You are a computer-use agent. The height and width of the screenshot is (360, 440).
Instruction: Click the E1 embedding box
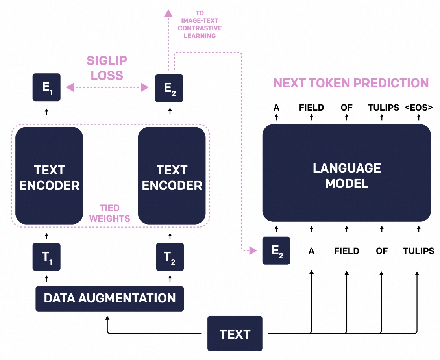pos(46,87)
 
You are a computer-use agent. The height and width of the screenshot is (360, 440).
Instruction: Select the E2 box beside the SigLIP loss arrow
pos(169,88)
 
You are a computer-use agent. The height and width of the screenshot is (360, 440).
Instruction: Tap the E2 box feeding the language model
pos(276,251)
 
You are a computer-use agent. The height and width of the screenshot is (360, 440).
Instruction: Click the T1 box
pos(46,257)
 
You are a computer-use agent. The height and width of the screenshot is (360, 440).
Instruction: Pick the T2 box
pos(170,257)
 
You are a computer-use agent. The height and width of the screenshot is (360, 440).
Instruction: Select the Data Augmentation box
pos(110,299)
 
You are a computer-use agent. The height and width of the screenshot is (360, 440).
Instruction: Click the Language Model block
pos(347,173)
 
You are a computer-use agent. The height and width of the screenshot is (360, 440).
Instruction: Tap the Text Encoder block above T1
pos(49,176)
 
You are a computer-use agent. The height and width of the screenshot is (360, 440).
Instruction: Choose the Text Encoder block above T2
pos(172,176)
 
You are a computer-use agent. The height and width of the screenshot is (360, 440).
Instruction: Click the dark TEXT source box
pos(235,334)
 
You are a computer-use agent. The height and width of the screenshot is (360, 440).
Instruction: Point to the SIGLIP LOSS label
pos(107,68)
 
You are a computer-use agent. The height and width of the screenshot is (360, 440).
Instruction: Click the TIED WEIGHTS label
pos(110,213)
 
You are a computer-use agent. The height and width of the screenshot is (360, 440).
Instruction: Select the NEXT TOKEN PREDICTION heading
pos(351,83)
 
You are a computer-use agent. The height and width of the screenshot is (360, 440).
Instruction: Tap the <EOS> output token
pos(419,108)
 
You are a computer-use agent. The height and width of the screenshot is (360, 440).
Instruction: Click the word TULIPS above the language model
pos(384,108)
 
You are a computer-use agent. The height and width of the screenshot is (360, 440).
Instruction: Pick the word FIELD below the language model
pos(347,251)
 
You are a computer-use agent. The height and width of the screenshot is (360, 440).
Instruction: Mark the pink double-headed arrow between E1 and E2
pos(107,87)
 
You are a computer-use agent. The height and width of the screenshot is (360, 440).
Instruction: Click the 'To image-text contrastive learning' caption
pos(200,24)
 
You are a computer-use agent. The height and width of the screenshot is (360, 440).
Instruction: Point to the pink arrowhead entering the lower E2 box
pos(253,251)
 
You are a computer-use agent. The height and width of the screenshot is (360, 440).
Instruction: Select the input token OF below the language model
pos(382,251)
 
